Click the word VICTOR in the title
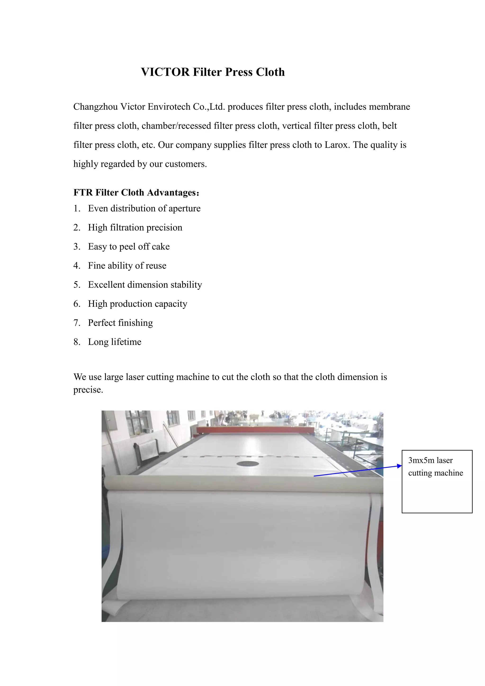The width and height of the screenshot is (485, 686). (165, 72)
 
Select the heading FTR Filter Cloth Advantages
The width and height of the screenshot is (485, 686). (136, 192)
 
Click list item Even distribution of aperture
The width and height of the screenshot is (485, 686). (144, 208)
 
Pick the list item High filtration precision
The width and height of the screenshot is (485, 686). (135, 227)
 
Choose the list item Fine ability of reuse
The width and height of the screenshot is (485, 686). (127, 266)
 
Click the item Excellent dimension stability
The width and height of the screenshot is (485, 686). (145, 285)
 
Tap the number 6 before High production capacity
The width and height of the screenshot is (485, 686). (76, 304)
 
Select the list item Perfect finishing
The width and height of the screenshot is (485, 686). (120, 323)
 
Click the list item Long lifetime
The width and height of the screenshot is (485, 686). (114, 342)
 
